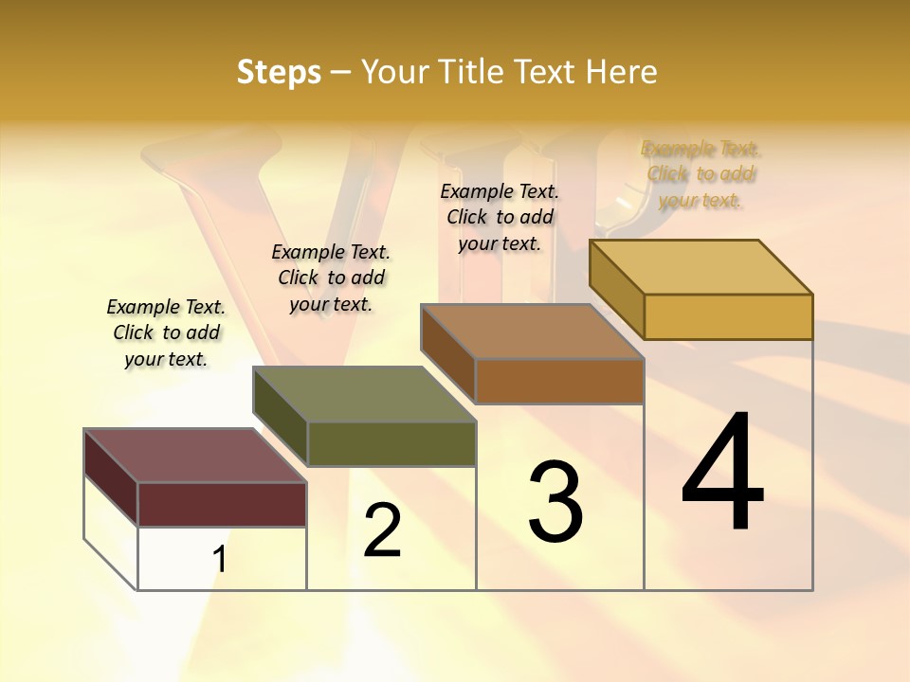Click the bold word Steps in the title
click(x=279, y=72)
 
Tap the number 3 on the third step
click(x=555, y=502)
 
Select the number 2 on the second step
click(x=383, y=530)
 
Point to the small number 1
click(x=220, y=560)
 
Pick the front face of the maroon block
click(x=222, y=504)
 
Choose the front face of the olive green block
click(x=391, y=443)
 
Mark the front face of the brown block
click(x=559, y=381)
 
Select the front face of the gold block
click(x=728, y=316)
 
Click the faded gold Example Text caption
click(x=701, y=174)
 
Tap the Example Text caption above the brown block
click(x=500, y=217)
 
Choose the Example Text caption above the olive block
click(x=331, y=278)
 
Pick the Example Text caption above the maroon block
click(x=166, y=332)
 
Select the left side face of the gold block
click(x=616, y=288)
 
